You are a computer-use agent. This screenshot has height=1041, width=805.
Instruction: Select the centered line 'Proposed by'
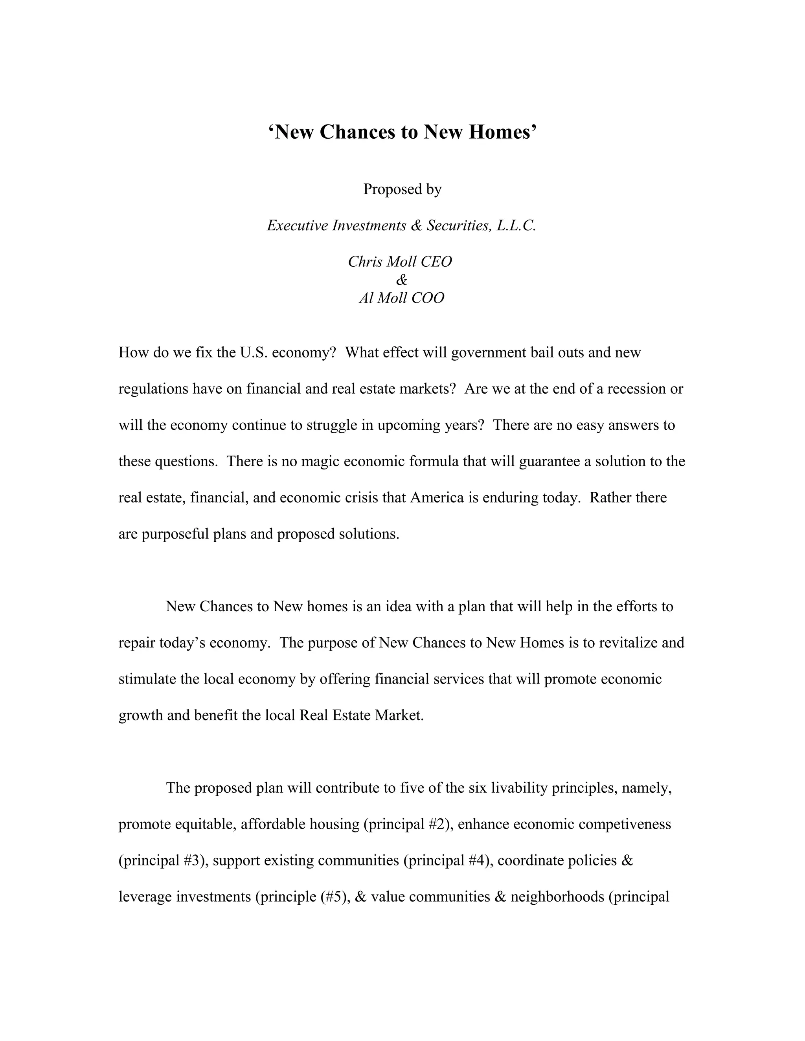click(x=402, y=189)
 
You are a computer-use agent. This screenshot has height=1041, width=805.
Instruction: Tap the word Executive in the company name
click(x=297, y=225)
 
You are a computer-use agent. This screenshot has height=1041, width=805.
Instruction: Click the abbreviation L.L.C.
click(x=516, y=225)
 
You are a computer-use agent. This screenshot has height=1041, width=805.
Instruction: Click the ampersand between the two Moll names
click(x=402, y=280)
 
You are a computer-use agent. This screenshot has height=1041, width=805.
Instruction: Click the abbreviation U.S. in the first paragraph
click(x=253, y=353)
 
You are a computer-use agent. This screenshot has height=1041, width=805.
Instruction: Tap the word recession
click(x=630, y=389)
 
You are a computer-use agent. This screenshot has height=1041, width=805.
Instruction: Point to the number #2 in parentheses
click(x=438, y=824)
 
